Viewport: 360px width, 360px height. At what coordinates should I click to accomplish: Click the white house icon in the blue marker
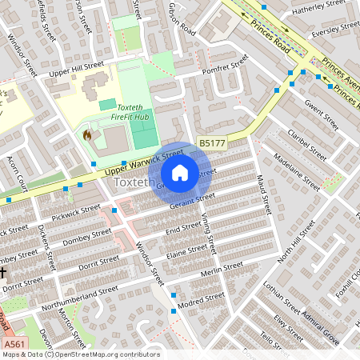[180, 172]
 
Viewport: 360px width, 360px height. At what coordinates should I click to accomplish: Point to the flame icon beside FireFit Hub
[87, 135]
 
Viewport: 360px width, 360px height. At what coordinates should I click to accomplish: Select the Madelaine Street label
[296, 171]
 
